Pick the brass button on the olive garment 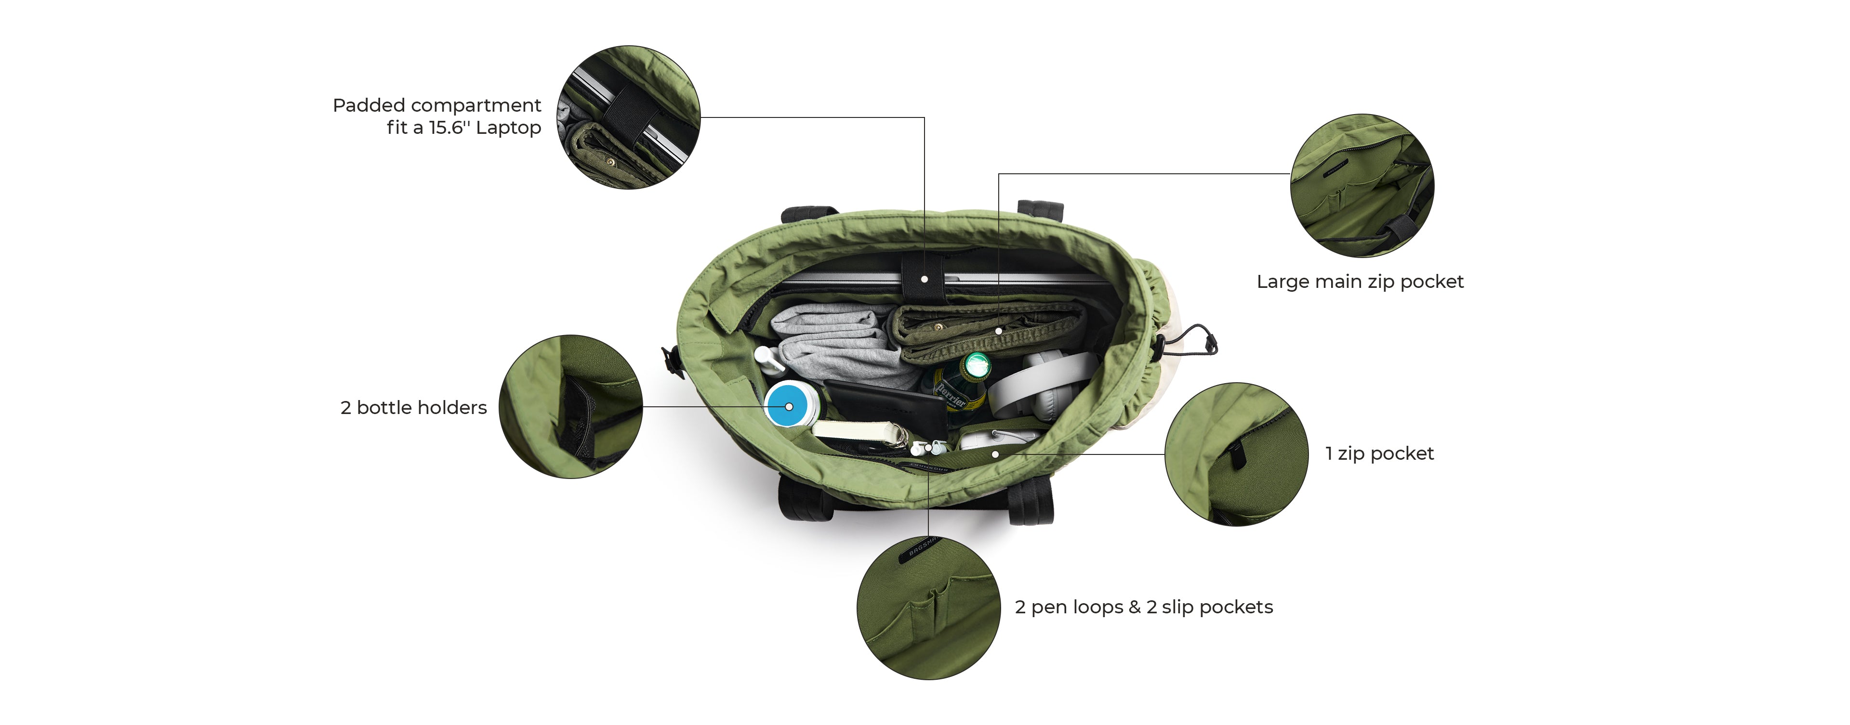938,326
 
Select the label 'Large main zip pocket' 1360,282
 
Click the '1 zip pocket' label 1379,453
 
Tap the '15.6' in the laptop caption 446,127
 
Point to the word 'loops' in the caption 1098,607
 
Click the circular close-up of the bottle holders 571,406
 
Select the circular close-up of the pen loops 928,607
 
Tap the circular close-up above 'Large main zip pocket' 1362,185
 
